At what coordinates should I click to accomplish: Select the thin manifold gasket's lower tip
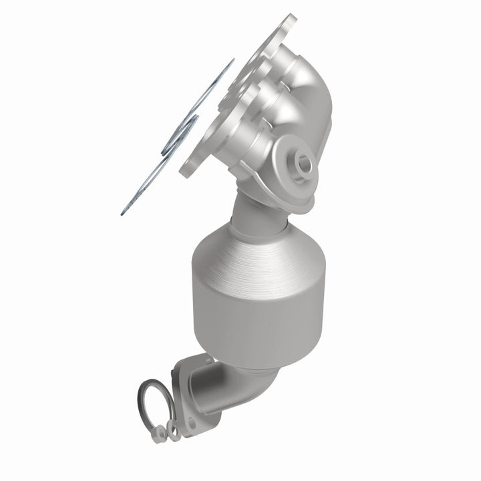tap(124, 212)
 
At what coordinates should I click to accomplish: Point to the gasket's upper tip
tap(232, 61)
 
